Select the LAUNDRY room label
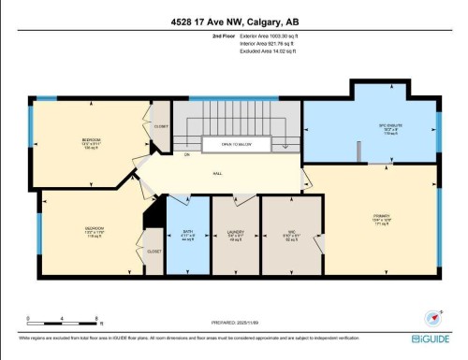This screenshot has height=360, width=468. coord(235,235)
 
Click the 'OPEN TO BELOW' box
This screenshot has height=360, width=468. coord(238,145)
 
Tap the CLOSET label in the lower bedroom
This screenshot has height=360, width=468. coord(154,251)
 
